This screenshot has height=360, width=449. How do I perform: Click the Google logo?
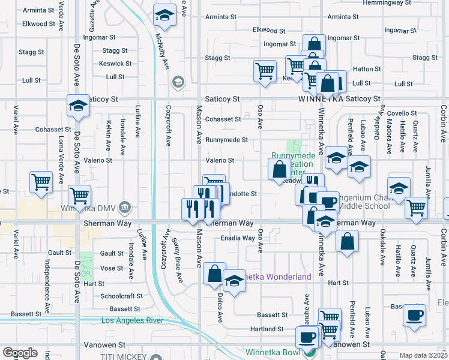pyautogui.click(x=20, y=352)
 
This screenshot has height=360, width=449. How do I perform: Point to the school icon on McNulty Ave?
pyautogui.click(x=163, y=16)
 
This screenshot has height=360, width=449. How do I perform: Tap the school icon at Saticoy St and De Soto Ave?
pyautogui.click(x=77, y=106)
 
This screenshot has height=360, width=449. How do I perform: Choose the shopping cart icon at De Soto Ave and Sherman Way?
pyautogui.click(x=79, y=195)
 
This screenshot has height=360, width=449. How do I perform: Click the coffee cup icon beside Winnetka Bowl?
pyautogui.click(x=307, y=337)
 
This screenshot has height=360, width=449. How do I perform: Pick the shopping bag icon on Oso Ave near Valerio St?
pyautogui.click(x=280, y=169)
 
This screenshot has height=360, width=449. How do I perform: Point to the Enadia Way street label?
pyautogui.click(x=238, y=238)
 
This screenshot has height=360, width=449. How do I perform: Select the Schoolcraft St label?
pyautogui.click(x=121, y=296)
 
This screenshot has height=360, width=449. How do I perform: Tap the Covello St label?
pyautogui.click(x=402, y=113)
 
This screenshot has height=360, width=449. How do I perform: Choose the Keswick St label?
pyautogui.click(x=116, y=63)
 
